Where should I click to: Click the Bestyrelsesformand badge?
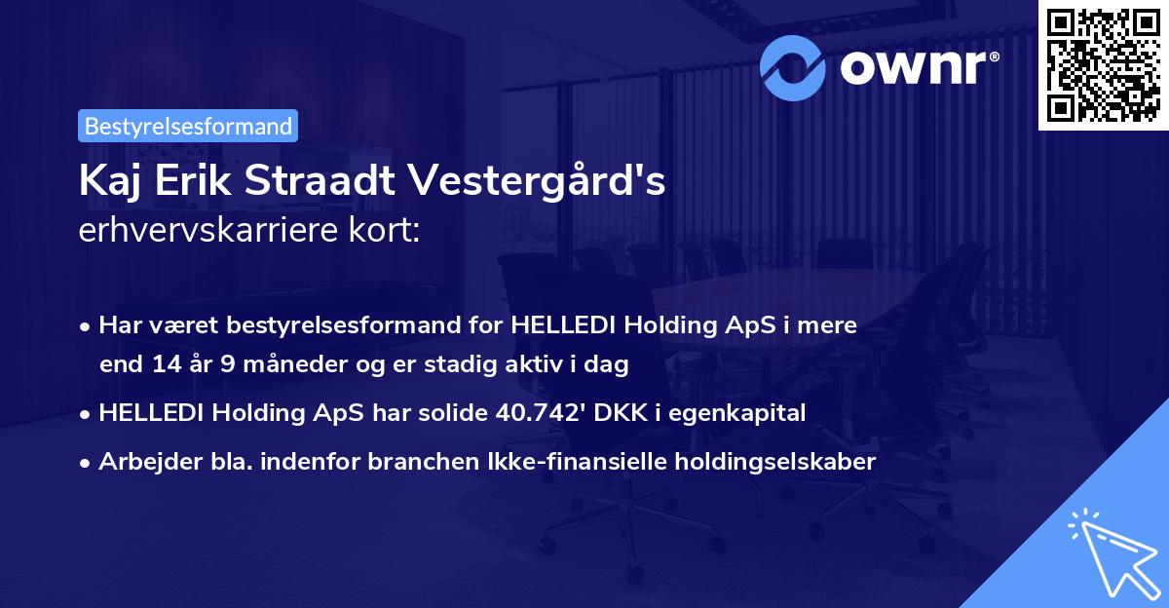coord(188,126)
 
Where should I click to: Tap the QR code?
coord(1103,64)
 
